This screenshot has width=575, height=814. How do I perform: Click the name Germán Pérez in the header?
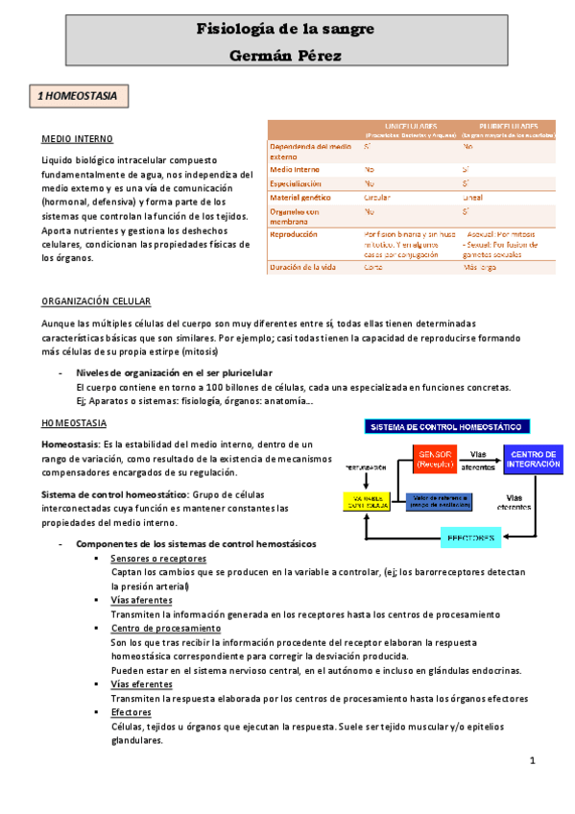287,56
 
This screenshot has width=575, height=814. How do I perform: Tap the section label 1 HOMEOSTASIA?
77,97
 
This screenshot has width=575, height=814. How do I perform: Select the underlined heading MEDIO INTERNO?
77,138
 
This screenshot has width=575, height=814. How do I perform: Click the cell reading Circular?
376,196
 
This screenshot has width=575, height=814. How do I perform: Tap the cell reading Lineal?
473,196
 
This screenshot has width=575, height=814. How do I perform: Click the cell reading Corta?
373,267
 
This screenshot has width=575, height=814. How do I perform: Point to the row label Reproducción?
295,233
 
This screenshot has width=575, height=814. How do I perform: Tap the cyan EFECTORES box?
471,538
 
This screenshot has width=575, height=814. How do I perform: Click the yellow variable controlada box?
370,501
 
